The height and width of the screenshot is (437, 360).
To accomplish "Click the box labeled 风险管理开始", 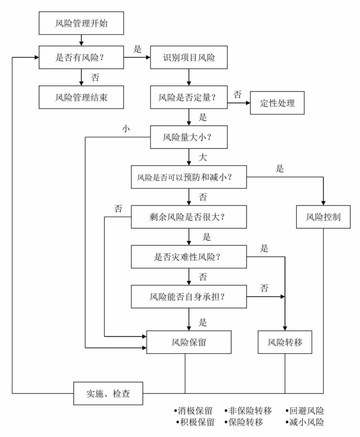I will pyautogui.click(x=81, y=23).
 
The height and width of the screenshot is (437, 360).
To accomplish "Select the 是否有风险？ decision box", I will pyautogui.click(x=81, y=58).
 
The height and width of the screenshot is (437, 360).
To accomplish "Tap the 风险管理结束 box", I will pyautogui.click(x=81, y=97).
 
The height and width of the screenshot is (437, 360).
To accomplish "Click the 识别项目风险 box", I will pyautogui.click(x=189, y=58).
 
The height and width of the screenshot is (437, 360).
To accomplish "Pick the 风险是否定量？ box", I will pyautogui.click(x=189, y=97).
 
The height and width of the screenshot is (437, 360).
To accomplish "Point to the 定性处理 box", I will pyautogui.click(x=277, y=103).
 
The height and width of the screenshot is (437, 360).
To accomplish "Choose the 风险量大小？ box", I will pyautogui.click(x=189, y=137).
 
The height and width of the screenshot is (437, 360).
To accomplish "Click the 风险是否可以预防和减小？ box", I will pyautogui.click(x=189, y=177).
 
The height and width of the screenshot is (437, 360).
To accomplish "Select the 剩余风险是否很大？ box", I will pyautogui.click(x=189, y=217).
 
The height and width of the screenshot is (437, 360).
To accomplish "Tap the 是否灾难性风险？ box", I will pyautogui.click(x=189, y=257).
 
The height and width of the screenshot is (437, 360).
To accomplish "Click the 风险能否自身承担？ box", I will pyautogui.click(x=189, y=297).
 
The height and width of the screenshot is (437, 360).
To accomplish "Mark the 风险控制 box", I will pyautogui.click(x=324, y=217).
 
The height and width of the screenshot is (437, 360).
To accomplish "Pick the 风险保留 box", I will pyautogui.click(x=189, y=342).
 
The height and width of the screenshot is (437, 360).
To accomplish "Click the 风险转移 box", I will pyautogui.click(x=285, y=342).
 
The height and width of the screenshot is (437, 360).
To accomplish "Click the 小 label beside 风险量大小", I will pyautogui.click(x=126, y=128).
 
